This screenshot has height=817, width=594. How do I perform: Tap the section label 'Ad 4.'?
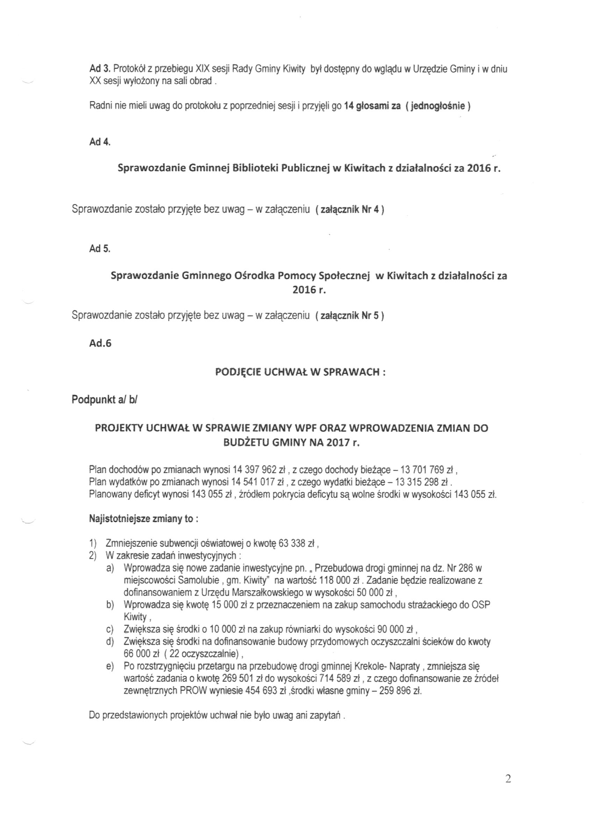(x=100, y=142)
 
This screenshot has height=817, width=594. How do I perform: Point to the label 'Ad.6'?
(x=100, y=343)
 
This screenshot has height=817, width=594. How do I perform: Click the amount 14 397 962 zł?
(x=259, y=470)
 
